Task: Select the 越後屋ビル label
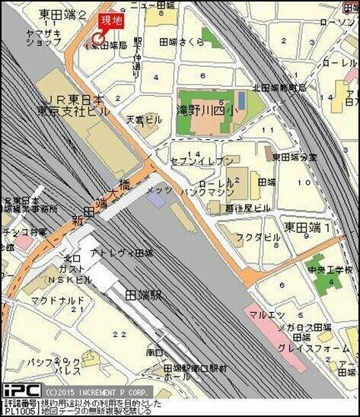click(247, 206)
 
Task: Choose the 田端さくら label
click(181, 43)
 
